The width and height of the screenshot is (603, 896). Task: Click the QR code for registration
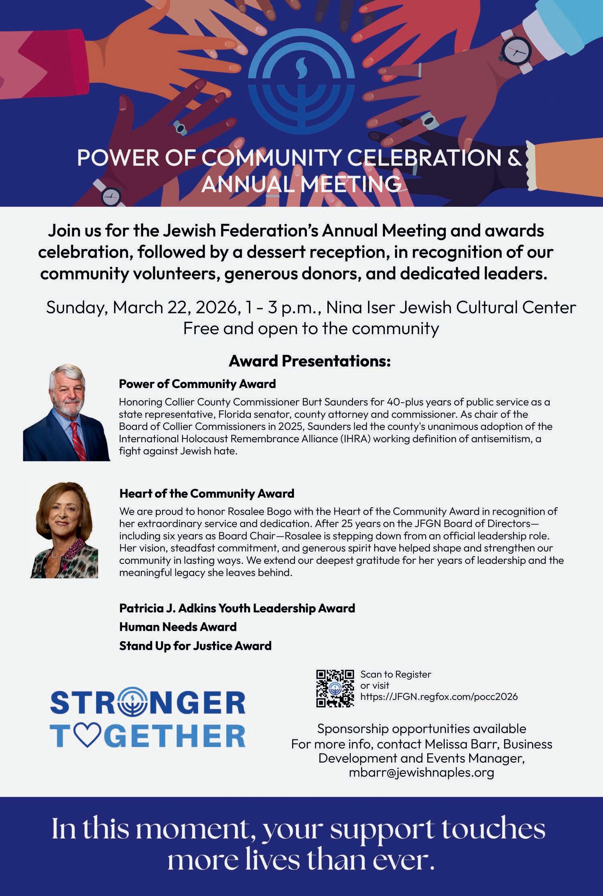(335, 688)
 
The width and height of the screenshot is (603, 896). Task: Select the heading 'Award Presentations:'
(309, 361)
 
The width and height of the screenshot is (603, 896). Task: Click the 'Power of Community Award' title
(197, 384)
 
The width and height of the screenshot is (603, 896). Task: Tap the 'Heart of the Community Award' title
(207, 493)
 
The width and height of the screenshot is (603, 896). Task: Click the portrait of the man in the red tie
(67, 412)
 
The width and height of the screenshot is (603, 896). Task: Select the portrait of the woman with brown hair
(64, 530)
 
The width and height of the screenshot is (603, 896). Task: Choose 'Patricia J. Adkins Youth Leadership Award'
(237, 608)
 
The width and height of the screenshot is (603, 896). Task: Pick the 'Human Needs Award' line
(178, 627)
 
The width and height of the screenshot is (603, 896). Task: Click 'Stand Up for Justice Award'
(195, 646)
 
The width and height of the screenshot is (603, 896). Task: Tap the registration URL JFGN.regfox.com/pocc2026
(439, 697)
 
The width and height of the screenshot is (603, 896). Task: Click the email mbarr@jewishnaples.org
(421, 773)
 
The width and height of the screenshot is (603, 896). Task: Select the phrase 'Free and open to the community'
(311, 329)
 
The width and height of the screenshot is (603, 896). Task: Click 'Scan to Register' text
(396, 674)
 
